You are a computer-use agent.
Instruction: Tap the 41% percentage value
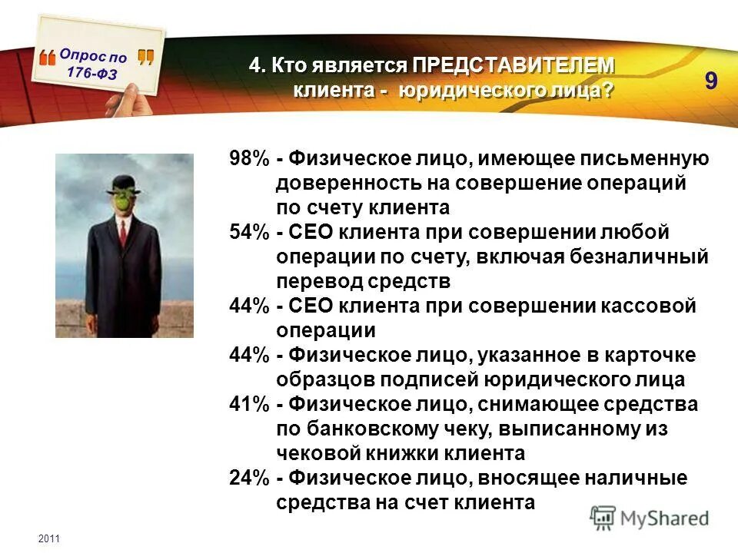(x=248, y=404)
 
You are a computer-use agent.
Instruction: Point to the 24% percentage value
(x=248, y=478)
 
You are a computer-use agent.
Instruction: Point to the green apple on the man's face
(x=122, y=201)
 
